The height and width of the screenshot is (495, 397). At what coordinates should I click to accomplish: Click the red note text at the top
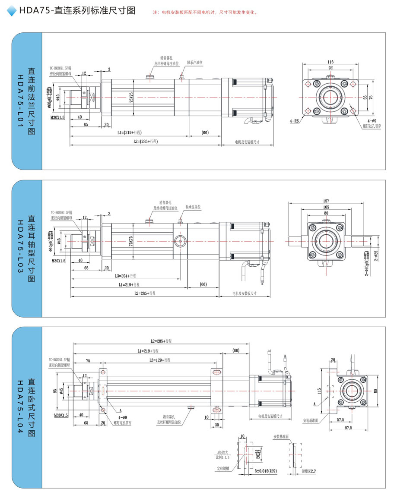[x=205, y=13]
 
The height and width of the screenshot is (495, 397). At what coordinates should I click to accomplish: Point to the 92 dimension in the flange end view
[x=330, y=68]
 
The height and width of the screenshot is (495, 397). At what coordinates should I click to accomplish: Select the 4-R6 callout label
[x=295, y=122]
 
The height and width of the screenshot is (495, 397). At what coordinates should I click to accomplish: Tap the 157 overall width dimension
[x=326, y=201]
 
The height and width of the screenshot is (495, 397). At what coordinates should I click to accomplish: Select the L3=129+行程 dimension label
[x=159, y=359]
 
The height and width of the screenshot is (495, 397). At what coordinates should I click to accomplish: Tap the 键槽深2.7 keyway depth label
[x=308, y=472]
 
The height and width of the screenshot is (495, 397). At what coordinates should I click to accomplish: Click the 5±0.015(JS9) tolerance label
[x=265, y=472]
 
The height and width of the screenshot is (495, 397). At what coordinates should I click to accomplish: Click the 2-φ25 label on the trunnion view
[x=376, y=256]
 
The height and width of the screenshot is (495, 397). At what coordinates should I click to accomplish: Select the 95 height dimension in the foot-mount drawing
[x=55, y=391]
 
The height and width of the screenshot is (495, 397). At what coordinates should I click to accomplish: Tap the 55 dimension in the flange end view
[x=365, y=98]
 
